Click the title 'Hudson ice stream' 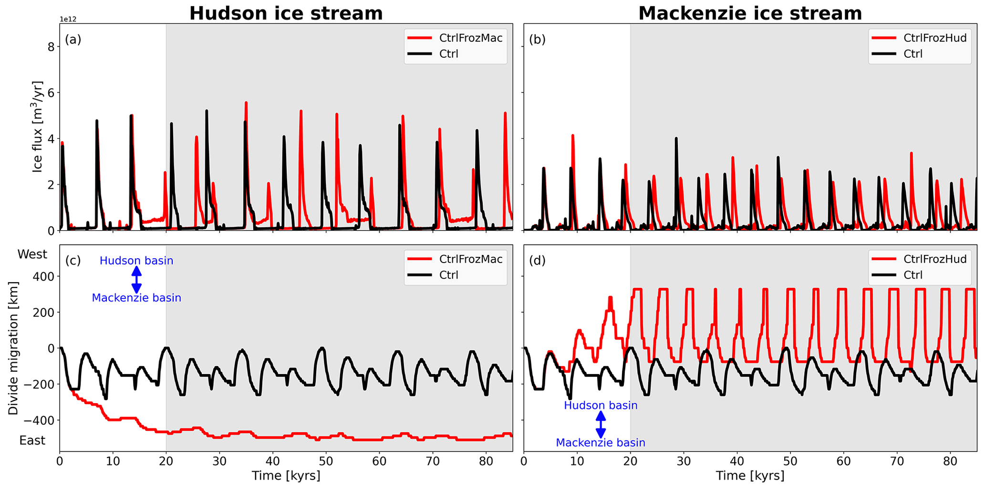pos(286,13)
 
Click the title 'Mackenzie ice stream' pos(750,13)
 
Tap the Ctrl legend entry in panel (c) pos(448,275)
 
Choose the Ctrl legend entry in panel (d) pos(913,275)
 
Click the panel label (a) pos(73,40)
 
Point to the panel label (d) pos(537,261)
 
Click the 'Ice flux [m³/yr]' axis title pos(38,127)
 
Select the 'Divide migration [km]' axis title pos(13,348)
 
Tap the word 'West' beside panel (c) pos(32,254)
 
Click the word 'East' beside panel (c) pos(32,440)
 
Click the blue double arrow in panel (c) pos(136,279)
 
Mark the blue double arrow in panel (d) pos(601,424)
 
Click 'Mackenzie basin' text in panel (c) pos(136,298)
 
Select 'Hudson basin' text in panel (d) pos(601,406)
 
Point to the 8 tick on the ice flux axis pos(50,47)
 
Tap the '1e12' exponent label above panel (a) pos(68,20)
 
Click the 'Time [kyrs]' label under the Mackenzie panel pos(750,476)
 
